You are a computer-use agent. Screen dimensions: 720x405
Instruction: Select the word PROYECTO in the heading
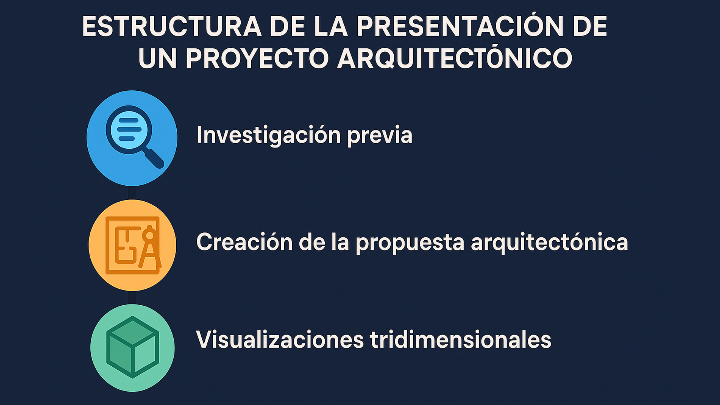(257, 58)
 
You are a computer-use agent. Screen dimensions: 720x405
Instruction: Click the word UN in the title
(157, 59)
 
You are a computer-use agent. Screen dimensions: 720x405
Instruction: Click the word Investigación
(268, 135)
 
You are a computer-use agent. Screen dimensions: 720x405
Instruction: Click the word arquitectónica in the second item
(549, 242)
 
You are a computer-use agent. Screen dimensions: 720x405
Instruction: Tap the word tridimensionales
(460, 340)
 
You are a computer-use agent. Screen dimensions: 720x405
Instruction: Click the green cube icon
(133, 347)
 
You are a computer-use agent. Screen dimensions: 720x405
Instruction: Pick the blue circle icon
(132, 138)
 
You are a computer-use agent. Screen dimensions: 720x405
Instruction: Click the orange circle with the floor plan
(132, 245)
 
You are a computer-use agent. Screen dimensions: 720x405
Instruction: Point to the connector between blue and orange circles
(132, 193)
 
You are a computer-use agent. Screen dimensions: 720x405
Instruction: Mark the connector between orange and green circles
(132, 298)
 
